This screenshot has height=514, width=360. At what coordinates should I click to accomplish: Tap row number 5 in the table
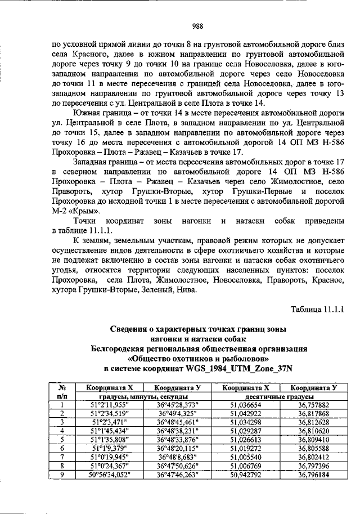60,439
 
